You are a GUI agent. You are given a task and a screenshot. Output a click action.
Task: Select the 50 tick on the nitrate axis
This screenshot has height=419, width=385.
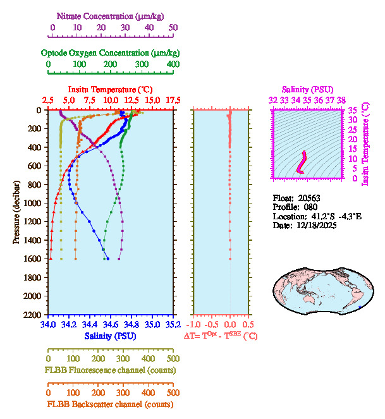[173, 28]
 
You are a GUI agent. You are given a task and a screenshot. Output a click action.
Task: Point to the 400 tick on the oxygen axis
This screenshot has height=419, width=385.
[173, 64]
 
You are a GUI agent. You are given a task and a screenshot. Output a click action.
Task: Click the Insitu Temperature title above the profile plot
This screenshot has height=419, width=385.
[110, 89]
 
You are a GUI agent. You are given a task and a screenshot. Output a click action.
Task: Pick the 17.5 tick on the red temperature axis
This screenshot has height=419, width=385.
[173, 100]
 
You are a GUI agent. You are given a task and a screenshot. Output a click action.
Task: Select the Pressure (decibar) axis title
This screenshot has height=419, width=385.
[17, 212]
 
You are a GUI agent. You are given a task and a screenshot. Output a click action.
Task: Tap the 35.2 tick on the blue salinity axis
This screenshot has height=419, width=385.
[173, 325]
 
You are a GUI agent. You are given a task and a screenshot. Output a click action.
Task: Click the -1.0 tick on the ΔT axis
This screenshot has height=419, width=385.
[192, 325]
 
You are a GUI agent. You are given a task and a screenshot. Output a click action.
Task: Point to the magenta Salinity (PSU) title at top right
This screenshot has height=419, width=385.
[307, 89]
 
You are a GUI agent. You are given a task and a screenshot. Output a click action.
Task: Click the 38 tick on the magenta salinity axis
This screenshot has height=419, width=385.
[341, 100]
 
